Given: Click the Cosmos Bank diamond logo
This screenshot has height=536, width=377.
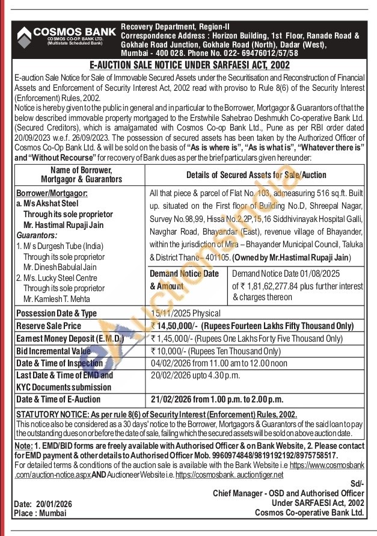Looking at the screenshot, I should [x=24, y=37].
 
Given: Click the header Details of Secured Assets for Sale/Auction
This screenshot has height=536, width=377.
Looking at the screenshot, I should [x=256, y=175].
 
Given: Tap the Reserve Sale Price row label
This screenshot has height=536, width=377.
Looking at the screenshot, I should [x=48, y=325].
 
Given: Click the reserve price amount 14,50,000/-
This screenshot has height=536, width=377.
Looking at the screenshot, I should [x=174, y=325].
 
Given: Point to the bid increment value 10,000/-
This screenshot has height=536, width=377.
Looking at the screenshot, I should [x=171, y=351].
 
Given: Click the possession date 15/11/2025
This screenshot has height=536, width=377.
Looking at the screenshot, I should [x=170, y=313].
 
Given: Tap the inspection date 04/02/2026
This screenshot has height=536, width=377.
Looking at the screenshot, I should [x=171, y=363].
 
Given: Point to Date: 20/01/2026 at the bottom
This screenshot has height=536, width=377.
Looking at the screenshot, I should [x=44, y=504].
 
